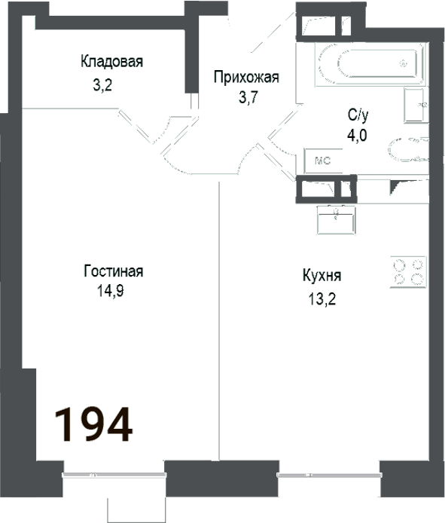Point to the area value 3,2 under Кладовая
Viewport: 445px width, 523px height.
point(102,85)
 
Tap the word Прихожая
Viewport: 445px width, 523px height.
point(246,77)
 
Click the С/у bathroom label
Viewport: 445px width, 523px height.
point(358,115)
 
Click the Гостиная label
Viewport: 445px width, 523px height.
point(114,272)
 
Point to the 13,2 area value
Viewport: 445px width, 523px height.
point(320,297)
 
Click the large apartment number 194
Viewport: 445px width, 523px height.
point(94,424)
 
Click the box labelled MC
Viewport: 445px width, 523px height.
point(322,161)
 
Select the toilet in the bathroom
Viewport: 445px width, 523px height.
point(407,148)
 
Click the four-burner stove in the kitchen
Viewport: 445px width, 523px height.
point(407,271)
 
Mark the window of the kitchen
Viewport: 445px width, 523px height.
point(328,475)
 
